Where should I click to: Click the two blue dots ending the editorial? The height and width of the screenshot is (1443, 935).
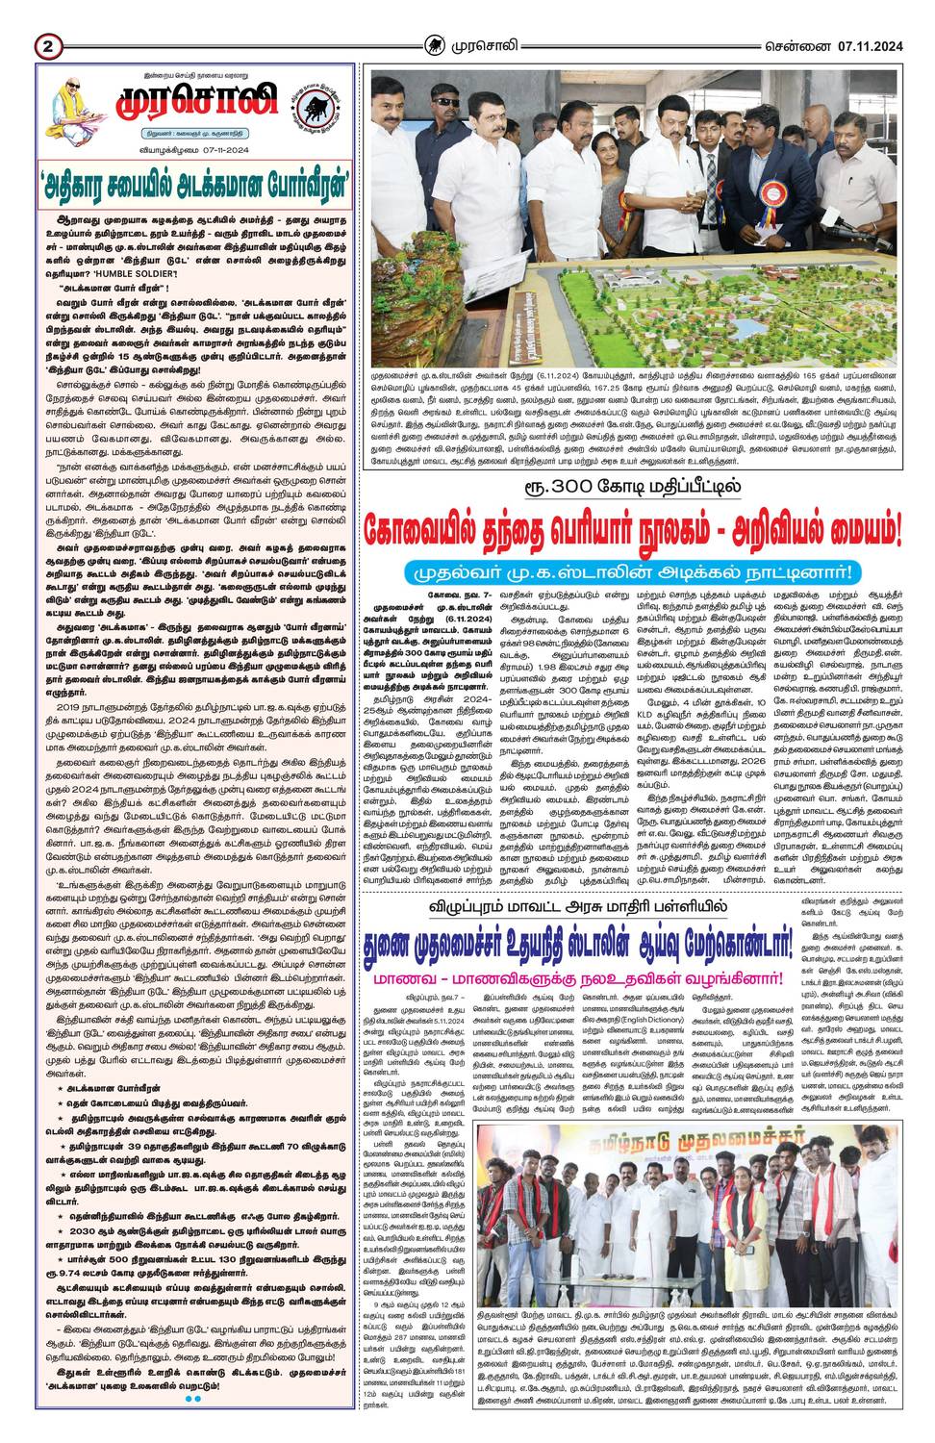click(x=192, y=1399)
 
